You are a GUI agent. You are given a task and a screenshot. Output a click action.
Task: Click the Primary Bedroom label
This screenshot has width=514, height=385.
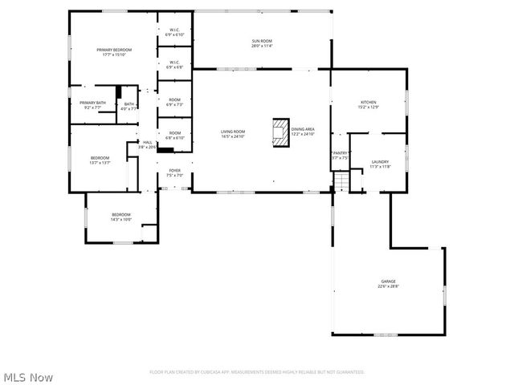[113, 52]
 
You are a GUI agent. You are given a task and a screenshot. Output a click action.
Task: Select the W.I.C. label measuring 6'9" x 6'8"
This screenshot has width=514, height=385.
[174, 65]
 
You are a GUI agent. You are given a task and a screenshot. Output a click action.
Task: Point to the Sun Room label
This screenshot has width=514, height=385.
[262, 43]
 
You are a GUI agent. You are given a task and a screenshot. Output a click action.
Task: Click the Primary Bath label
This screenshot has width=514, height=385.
[92, 105]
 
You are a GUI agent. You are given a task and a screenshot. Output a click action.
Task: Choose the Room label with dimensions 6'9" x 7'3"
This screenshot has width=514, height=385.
[174, 103]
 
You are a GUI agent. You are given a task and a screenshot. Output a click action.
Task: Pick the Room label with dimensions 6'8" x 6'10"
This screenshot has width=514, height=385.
[174, 136]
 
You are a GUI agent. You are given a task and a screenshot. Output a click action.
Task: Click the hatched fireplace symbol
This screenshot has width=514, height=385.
[280, 132]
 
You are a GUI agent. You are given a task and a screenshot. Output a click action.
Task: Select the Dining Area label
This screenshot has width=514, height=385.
[303, 132]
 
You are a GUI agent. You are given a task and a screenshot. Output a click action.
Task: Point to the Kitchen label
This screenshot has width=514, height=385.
[368, 104]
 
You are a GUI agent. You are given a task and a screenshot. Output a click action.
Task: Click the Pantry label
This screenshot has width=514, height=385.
[340, 155]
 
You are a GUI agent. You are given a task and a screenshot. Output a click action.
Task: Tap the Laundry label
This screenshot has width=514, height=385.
[380, 164]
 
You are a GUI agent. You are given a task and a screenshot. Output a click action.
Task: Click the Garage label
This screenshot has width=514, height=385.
[388, 284]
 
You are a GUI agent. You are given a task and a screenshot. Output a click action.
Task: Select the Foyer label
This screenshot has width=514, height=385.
[174, 172]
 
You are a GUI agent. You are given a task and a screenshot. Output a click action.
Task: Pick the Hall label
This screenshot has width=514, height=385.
[147, 144]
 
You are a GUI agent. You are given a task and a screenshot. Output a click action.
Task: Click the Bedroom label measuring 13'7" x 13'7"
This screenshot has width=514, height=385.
[100, 160]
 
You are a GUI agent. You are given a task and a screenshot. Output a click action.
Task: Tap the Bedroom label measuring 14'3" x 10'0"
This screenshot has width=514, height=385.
[120, 217]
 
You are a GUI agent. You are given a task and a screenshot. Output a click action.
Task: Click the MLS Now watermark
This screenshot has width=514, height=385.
[29, 376]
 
